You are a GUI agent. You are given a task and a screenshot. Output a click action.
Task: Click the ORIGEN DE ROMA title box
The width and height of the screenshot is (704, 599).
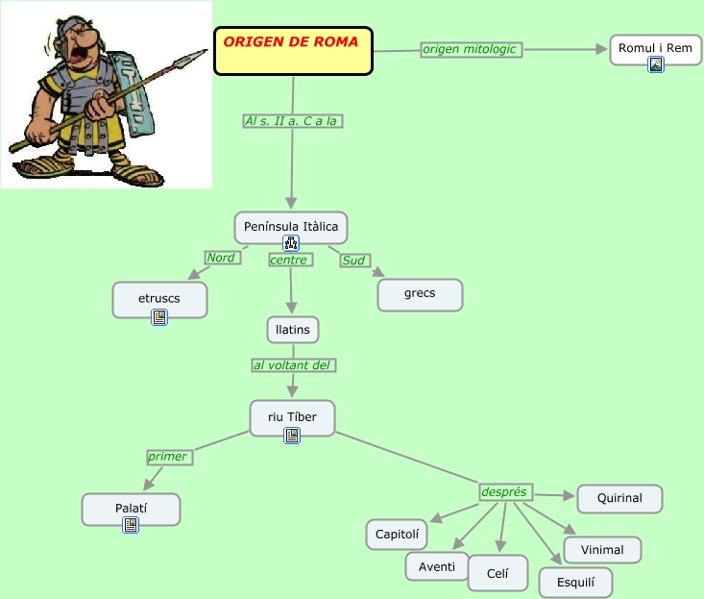(x=292, y=50)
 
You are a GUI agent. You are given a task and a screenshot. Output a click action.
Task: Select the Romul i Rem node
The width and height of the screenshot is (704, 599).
(x=655, y=48)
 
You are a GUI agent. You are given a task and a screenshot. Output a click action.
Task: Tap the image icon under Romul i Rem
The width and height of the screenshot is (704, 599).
(x=656, y=65)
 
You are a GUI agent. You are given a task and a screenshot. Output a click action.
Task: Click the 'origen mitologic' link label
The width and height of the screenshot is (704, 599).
(x=470, y=49)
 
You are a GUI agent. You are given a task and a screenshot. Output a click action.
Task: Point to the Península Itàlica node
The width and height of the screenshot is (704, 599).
(x=290, y=227)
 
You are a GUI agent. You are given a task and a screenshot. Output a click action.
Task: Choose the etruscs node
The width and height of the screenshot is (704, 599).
(x=159, y=299)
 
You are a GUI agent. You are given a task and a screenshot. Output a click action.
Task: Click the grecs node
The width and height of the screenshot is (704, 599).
(x=420, y=294)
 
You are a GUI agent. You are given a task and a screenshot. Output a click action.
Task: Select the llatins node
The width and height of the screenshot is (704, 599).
(x=292, y=330)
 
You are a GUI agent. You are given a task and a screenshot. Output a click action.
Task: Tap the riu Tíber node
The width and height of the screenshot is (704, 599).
(x=292, y=416)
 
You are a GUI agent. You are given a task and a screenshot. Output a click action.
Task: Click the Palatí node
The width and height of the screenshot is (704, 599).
(x=131, y=507)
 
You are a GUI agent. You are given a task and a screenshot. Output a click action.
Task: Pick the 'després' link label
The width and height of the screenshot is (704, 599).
(x=504, y=491)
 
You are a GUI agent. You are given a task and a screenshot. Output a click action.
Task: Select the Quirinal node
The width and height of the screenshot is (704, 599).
(x=619, y=499)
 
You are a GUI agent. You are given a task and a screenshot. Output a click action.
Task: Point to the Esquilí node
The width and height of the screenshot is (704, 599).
(x=575, y=582)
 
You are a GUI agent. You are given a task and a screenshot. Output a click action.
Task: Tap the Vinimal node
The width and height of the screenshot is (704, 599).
(x=602, y=550)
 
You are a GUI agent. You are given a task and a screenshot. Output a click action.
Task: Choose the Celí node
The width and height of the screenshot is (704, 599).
(x=498, y=573)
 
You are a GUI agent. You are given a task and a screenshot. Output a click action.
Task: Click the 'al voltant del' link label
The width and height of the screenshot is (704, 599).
(x=294, y=365)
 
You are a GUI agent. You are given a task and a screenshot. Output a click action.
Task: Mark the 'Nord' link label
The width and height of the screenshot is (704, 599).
(x=221, y=258)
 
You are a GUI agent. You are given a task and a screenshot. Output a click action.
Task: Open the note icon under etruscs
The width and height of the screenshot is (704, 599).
(x=159, y=317)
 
